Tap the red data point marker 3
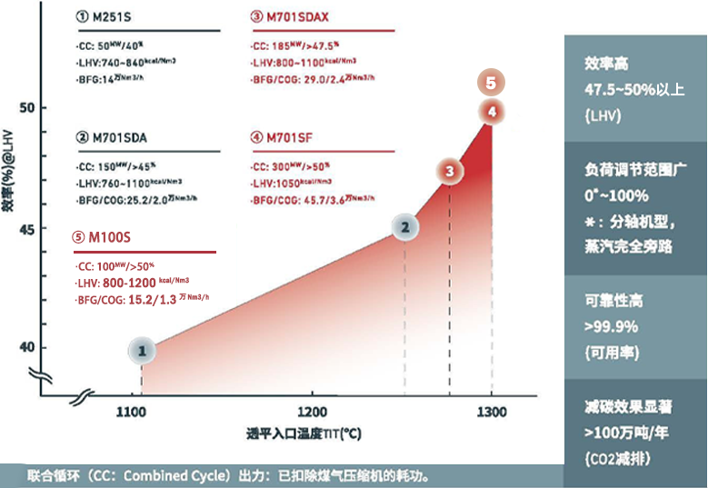pos(448,171)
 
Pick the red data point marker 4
pos(491,112)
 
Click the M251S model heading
pos(109,17)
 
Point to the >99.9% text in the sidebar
pos(611,326)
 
